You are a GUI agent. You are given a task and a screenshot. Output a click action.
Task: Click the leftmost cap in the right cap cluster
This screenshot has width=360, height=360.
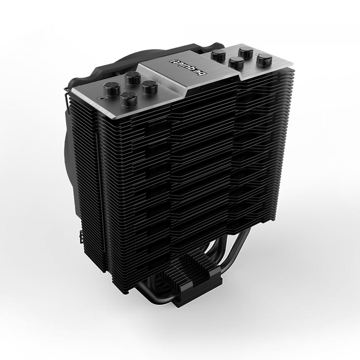[x=217, y=55]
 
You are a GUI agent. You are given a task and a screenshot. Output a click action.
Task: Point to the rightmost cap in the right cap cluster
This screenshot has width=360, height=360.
[x=262, y=60]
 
